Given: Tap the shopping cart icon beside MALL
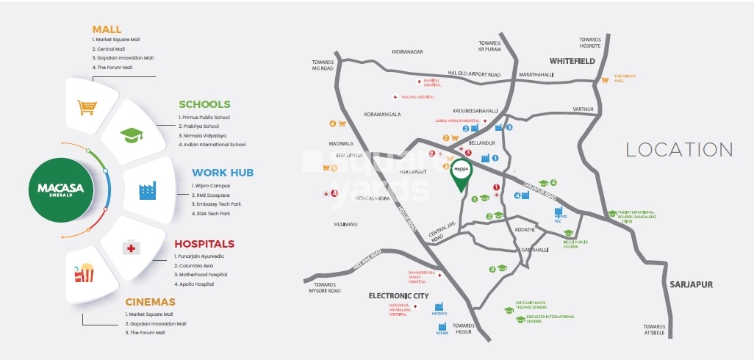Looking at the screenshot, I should (x=87, y=107).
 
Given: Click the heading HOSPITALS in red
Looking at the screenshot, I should (x=204, y=243).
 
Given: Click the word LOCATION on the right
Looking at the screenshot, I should (x=679, y=150).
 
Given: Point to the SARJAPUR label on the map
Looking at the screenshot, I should (x=692, y=283).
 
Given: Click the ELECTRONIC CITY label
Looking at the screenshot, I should (x=398, y=295).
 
